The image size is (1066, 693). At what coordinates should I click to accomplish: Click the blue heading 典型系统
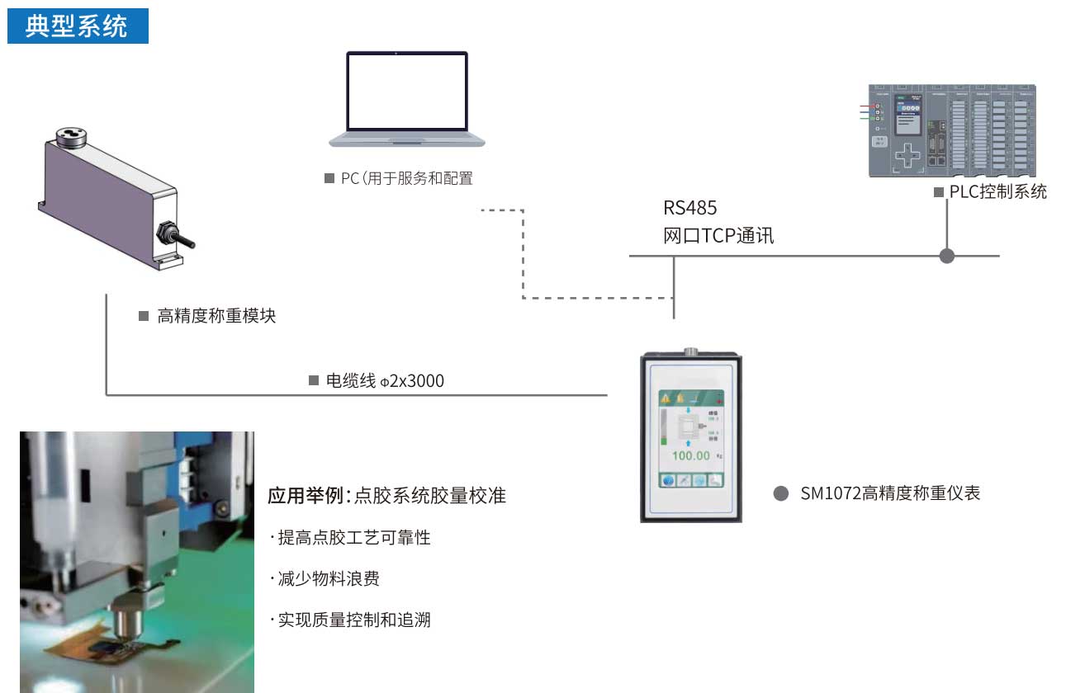pyautogui.click(x=77, y=26)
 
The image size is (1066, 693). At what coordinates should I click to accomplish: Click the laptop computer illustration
pyautogui.click(x=407, y=99)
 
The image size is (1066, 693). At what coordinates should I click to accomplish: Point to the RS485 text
pyautogui.click(x=690, y=208)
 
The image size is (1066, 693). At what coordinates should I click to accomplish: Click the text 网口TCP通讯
pyautogui.click(x=718, y=236)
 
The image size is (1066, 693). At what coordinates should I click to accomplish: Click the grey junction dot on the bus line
pyautogui.click(x=947, y=256)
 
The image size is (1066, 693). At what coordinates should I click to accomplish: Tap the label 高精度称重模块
pyautogui.click(x=216, y=316)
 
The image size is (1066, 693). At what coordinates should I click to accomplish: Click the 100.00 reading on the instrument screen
pyautogui.click(x=690, y=455)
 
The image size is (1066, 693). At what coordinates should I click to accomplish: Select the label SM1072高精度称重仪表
pyautogui.click(x=890, y=494)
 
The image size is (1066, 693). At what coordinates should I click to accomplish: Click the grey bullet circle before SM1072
pyautogui.click(x=780, y=494)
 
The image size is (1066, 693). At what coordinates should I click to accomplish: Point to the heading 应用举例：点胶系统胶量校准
pyautogui.click(x=386, y=496)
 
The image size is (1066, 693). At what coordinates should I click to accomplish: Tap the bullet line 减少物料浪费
pyautogui.click(x=328, y=579)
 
